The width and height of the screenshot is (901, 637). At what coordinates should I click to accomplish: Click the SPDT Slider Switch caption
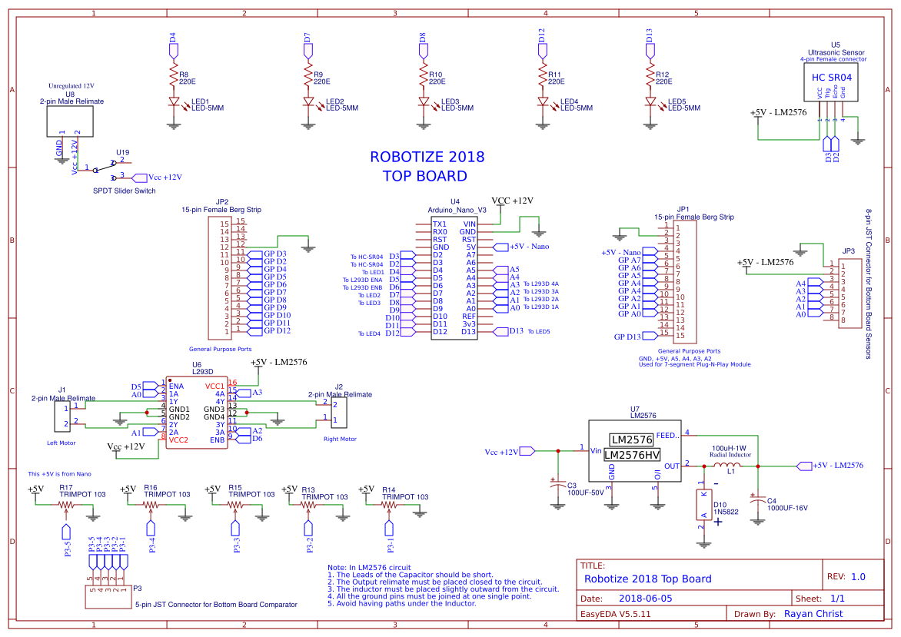(124, 191)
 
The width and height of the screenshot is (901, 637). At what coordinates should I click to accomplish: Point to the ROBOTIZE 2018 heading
(427, 157)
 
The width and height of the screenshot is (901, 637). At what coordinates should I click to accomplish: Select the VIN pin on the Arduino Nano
(469, 224)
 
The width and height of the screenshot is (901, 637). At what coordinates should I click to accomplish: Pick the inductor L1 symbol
(724, 466)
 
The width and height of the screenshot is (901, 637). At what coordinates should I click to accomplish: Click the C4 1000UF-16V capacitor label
(786, 508)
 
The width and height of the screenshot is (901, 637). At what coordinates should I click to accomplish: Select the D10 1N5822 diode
(702, 509)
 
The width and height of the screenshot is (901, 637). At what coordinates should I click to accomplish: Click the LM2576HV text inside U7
(632, 455)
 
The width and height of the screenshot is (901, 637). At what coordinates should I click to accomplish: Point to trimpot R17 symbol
(66, 505)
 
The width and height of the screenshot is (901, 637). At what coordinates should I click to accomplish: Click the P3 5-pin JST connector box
(106, 596)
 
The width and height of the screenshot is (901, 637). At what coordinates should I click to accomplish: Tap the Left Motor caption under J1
(62, 443)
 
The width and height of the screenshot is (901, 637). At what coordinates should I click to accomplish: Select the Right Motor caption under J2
(340, 440)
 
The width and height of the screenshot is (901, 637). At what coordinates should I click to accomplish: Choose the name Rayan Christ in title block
(813, 614)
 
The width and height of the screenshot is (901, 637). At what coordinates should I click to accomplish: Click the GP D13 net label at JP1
(627, 337)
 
